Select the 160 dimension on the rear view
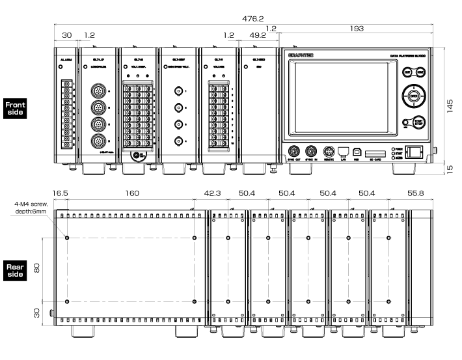pos(132,193)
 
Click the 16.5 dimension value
pos(61,193)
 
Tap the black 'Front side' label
pos(15,108)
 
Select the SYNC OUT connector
pos(293,149)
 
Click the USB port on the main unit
pos(357,150)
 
